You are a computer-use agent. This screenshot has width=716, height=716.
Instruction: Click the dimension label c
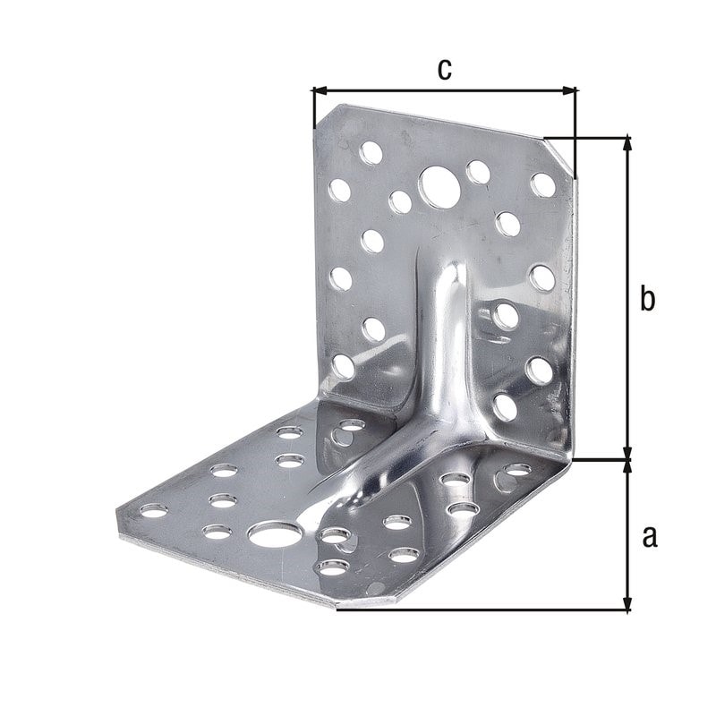[x=444, y=69]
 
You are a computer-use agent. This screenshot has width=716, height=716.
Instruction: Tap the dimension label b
[x=648, y=299]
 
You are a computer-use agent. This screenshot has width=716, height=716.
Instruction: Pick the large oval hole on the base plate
[x=275, y=536]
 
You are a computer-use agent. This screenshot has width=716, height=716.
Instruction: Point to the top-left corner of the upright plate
[x=331, y=107]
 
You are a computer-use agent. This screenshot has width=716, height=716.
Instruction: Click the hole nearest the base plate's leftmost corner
[x=154, y=510]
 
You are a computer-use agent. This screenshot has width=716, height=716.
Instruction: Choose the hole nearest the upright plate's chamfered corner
[x=542, y=184]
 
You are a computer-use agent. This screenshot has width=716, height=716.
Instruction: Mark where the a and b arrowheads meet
[x=628, y=461]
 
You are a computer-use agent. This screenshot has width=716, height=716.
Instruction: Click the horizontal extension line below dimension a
[x=483, y=610]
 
